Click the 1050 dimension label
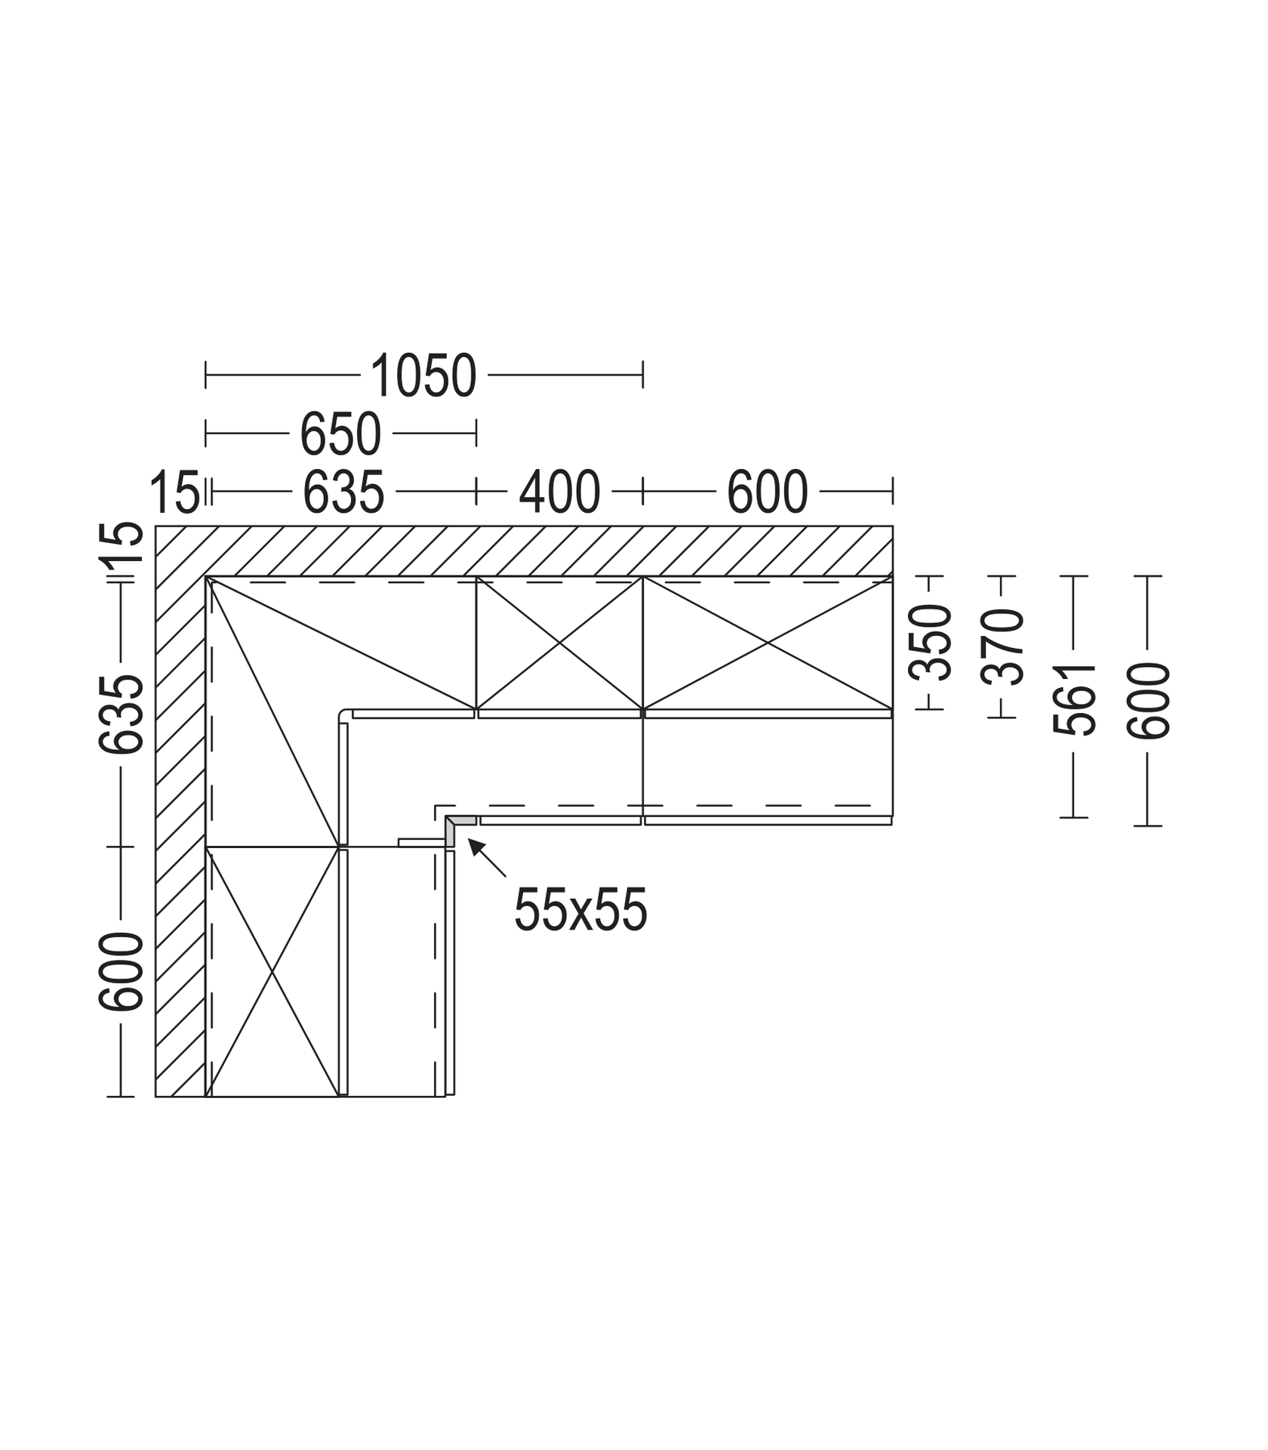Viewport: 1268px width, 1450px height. pos(423,375)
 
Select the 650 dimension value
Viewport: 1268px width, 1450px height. pos(340,434)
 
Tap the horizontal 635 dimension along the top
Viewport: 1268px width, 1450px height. pos(343,492)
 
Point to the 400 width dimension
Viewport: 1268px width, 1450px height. pos(559,492)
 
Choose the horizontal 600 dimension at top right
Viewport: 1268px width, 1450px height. pos(767,492)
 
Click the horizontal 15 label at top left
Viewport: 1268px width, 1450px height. pos(174,492)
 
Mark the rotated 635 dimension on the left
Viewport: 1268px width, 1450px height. pos(121,714)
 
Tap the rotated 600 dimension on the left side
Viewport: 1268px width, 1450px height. pos(121,971)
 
